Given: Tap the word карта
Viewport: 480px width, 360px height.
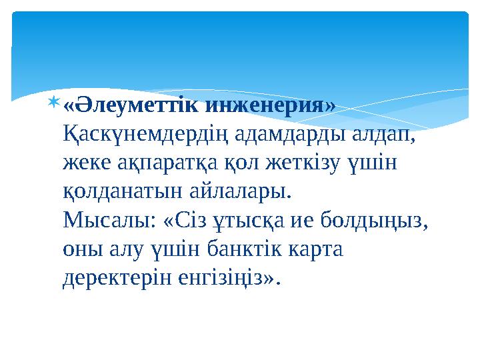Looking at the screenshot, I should click(317, 249).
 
